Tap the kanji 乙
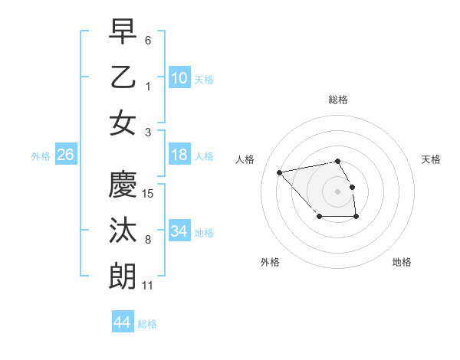point(123,77)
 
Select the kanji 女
point(123,123)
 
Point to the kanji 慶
point(123,185)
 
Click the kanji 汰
point(123,231)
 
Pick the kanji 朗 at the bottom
point(123,277)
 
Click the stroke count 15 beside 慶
point(149,194)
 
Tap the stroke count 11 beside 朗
point(148,286)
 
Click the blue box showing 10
point(179,77)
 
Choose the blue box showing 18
point(179,155)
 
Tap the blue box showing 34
point(179,231)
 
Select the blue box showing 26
point(66,155)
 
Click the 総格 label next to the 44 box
point(147,324)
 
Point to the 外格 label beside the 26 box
point(41,156)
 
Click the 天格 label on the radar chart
point(432,159)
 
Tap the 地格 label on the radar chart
point(402,262)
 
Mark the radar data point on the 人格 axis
point(280,172)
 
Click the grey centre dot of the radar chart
point(337,191)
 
